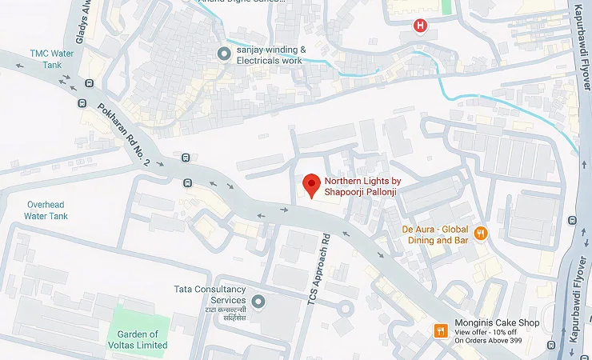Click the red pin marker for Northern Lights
click(x=311, y=186)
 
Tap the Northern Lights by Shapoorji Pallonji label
click(x=362, y=186)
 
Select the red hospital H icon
click(x=419, y=26)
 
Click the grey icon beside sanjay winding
click(x=224, y=54)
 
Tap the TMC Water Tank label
click(x=50, y=58)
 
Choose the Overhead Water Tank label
click(x=46, y=210)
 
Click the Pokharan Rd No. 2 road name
click(x=125, y=134)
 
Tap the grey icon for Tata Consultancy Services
click(x=258, y=302)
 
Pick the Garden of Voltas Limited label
click(x=142, y=339)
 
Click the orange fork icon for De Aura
click(x=481, y=234)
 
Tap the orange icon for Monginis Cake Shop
click(x=439, y=331)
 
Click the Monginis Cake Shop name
click(x=497, y=323)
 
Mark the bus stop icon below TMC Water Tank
click(x=82, y=102)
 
